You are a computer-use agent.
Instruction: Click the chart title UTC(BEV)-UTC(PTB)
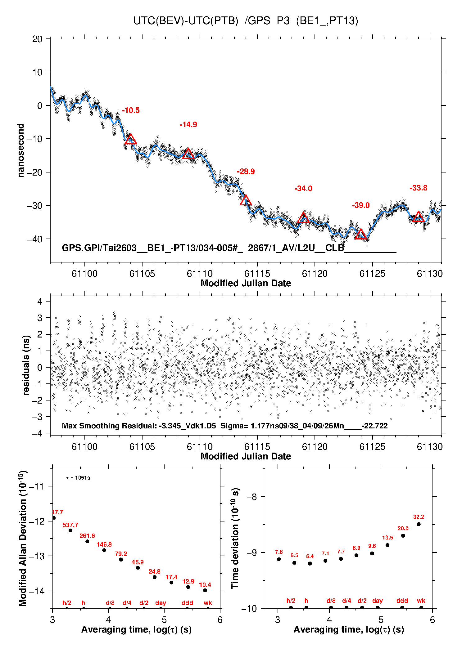pos(186,21)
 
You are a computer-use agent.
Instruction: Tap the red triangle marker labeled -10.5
pos(130,139)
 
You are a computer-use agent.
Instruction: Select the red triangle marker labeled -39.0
pos(360,235)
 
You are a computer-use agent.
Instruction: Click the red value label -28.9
pos(246,172)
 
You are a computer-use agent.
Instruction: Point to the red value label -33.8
pos(418,188)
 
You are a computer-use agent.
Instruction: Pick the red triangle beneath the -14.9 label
pos(188,154)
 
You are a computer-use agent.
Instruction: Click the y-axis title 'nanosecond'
pos(21,150)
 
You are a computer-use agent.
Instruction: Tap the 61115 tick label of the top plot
pos(257,274)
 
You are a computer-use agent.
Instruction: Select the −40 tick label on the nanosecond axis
pos(34,239)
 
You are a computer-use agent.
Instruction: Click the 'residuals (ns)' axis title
pos(26,365)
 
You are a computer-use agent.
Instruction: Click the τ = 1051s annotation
pos(78,478)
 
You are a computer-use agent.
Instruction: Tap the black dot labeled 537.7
pos(70,530)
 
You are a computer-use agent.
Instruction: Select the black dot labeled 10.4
pos(205,590)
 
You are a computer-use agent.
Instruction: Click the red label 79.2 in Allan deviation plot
pos(121,554)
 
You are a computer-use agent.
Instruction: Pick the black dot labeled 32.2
pos(419,524)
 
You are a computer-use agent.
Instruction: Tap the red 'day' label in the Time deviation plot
pos(377,601)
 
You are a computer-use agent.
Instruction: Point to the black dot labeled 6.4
pos(310,563)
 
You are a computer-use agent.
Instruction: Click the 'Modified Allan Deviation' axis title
pos(23,538)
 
